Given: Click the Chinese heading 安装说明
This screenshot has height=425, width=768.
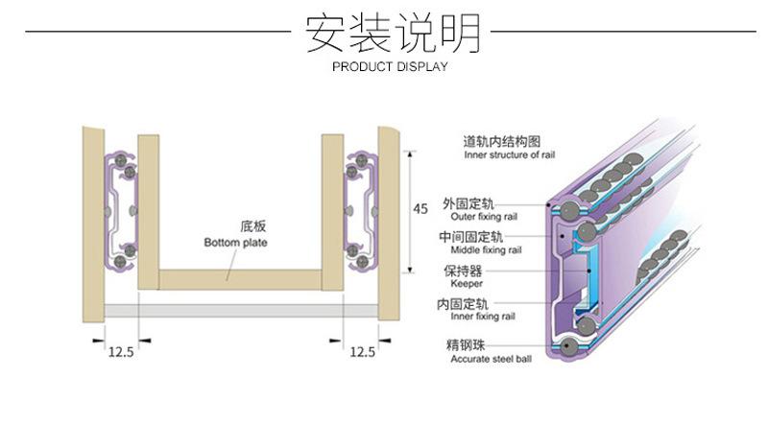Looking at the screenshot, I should coord(391,34).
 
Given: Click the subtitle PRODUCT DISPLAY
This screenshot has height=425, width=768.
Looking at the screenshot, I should coord(390,67).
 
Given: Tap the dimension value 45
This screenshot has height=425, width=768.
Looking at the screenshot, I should coord(420,208).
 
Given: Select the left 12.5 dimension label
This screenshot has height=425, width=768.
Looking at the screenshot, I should coord(120,352).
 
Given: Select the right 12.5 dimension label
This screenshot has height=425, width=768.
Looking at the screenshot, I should coord(362,352).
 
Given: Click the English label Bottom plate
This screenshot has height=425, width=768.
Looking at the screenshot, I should coord(235,243).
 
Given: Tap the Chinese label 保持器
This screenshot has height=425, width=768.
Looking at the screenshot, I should coord(462,270).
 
